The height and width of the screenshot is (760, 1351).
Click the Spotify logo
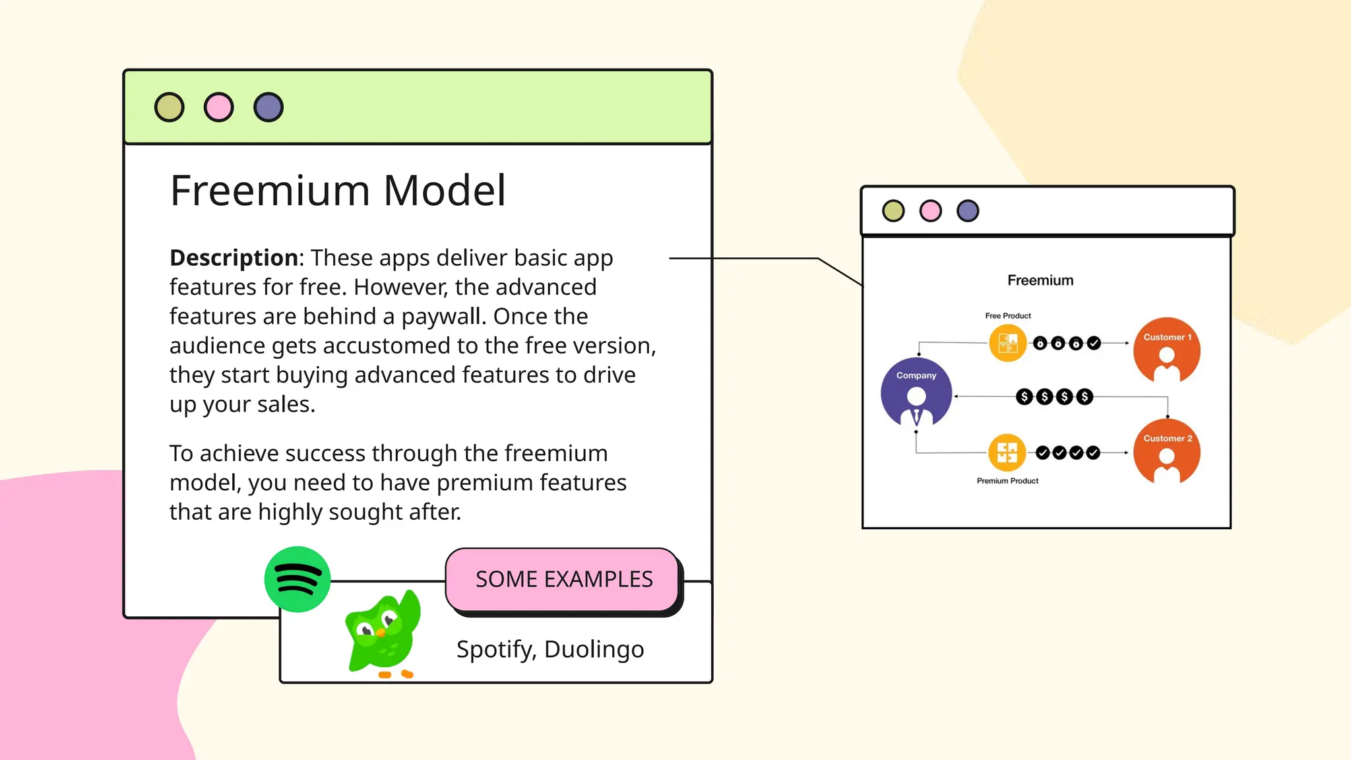(x=298, y=579)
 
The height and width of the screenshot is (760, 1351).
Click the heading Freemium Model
(x=338, y=191)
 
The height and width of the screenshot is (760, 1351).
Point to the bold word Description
(x=234, y=258)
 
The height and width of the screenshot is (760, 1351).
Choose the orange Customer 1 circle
(x=1167, y=350)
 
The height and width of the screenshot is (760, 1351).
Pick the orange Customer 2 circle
(x=1167, y=451)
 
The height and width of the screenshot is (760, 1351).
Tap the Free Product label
(x=1008, y=316)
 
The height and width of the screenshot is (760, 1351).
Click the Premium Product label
(x=1007, y=481)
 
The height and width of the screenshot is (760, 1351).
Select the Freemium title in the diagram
(x=1040, y=280)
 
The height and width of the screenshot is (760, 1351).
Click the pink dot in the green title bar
(x=219, y=107)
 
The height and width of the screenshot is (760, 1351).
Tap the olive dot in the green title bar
(x=170, y=107)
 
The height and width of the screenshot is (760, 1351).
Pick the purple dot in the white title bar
(x=968, y=211)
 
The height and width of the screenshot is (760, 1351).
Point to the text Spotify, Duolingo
(x=550, y=649)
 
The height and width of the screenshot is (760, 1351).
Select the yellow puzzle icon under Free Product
(x=1008, y=343)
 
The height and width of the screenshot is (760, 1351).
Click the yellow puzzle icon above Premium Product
(x=1007, y=453)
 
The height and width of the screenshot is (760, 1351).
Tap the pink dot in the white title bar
(x=931, y=211)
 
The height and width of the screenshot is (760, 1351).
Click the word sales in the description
(x=284, y=404)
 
